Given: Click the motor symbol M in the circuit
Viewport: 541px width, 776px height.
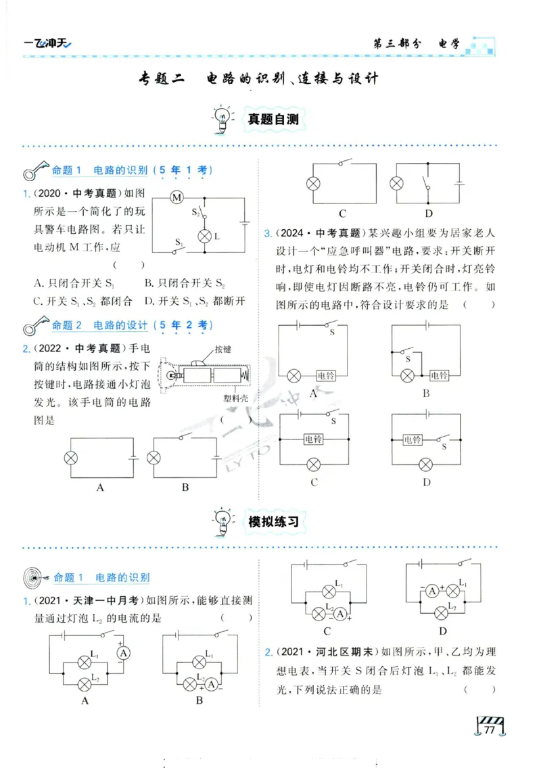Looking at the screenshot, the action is pyautogui.click(x=177, y=197).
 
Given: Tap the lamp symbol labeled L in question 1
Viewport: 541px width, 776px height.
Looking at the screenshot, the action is pyautogui.click(x=204, y=236).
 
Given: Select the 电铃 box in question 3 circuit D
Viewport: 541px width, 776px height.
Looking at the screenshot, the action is pyautogui.click(x=413, y=439).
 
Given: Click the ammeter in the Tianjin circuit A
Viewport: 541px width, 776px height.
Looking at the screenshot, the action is pyautogui.click(x=122, y=653).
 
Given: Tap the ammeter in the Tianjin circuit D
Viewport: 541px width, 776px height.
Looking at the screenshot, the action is pyautogui.click(x=430, y=591).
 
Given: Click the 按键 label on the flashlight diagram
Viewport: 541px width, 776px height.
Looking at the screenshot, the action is pyautogui.click(x=223, y=349).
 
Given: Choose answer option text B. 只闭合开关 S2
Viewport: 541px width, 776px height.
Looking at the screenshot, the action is pyautogui.click(x=184, y=283).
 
